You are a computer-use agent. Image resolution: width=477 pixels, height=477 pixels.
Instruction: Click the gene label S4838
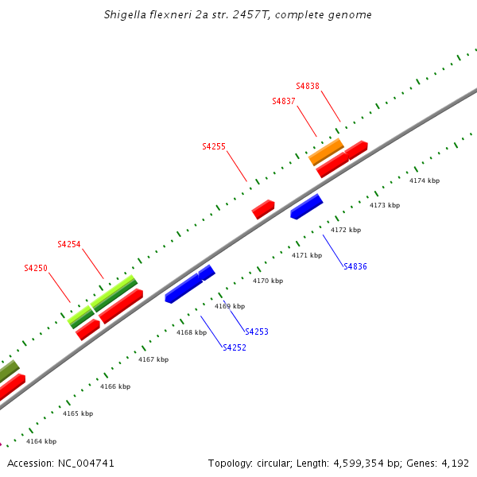pyautogui.click(x=308, y=86)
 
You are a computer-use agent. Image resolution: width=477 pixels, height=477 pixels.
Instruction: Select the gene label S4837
pyautogui.click(x=284, y=102)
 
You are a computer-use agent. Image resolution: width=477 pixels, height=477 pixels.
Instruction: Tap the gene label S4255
pyautogui.click(x=214, y=147)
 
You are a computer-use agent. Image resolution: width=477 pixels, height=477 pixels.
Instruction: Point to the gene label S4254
pyautogui.click(x=69, y=245)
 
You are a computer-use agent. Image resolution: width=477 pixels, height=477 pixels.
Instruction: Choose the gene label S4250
pyautogui.click(x=36, y=269)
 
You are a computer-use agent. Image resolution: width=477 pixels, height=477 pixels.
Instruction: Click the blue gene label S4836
pyautogui.click(x=355, y=267)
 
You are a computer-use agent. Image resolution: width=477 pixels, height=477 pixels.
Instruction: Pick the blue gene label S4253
pyautogui.click(x=257, y=332)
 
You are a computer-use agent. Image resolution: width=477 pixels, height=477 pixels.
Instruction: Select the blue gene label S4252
pyautogui.click(x=235, y=348)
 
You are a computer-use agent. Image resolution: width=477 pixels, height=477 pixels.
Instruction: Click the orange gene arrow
pyautogui.click(x=326, y=151)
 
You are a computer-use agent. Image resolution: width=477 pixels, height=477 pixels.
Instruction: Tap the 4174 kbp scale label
pyautogui.click(x=425, y=181)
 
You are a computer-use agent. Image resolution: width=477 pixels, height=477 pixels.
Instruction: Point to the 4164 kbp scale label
pyautogui.click(x=41, y=441)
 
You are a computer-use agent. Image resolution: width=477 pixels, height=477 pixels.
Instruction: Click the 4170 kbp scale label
pyautogui.click(x=268, y=281)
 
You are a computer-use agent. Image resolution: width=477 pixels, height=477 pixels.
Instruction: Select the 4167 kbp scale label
pyautogui.click(x=153, y=360)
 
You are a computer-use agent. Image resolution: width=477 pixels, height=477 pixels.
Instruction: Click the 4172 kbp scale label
pyautogui.click(x=346, y=231)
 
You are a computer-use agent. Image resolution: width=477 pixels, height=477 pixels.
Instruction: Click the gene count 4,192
pyautogui.click(x=454, y=463)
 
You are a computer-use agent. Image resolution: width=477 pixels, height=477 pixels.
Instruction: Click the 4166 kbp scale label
pyautogui.click(x=115, y=387)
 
